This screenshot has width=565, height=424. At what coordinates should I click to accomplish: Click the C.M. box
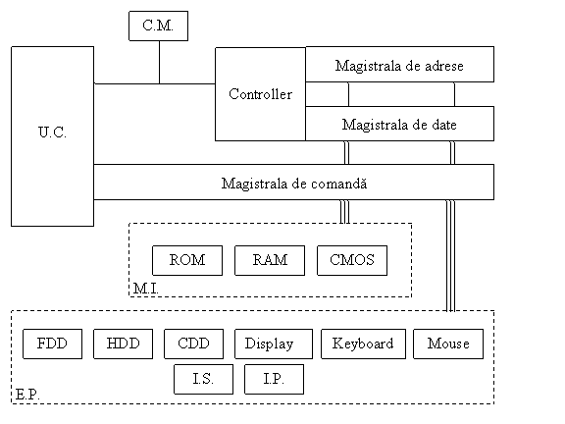pyautogui.click(x=158, y=26)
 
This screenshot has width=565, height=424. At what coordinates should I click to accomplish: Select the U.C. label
pyautogui.click(x=52, y=132)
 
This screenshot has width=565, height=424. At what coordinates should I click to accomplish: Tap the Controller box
pyautogui.click(x=260, y=94)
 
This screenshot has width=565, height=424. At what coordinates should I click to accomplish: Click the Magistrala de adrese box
pyautogui.click(x=399, y=64)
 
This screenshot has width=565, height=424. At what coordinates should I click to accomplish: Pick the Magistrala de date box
pyautogui.click(x=399, y=124)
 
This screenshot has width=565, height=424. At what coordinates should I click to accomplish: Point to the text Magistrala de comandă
pyautogui.click(x=294, y=184)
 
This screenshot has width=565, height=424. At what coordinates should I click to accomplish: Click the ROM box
pyautogui.click(x=187, y=260)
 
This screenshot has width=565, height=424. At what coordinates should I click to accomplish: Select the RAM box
pyautogui.click(x=270, y=260)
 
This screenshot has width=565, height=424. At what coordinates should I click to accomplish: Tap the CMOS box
pyautogui.click(x=352, y=260)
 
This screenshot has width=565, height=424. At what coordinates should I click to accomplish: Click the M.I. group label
pyautogui.click(x=145, y=289)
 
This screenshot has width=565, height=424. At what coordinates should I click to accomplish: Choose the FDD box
pyautogui.click(x=52, y=344)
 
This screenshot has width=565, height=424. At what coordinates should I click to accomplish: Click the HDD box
pyautogui.click(x=123, y=344)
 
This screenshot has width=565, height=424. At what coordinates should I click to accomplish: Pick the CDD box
pyautogui.click(x=193, y=344)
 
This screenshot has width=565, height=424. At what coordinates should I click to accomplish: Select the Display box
pyautogui.click(x=274, y=344)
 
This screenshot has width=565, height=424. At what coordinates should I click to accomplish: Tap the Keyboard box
pyautogui.click(x=363, y=344)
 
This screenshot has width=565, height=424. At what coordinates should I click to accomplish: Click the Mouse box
pyautogui.click(x=448, y=344)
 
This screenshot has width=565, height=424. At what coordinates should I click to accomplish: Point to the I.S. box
pyautogui.click(x=203, y=379)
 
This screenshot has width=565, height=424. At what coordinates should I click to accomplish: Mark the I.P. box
pyautogui.click(x=274, y=379)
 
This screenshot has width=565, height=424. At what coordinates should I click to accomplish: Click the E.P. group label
pyautogui.click(x=27, y=395)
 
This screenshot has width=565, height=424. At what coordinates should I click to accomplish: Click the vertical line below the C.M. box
pyautogui.click(x=159, y=62)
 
